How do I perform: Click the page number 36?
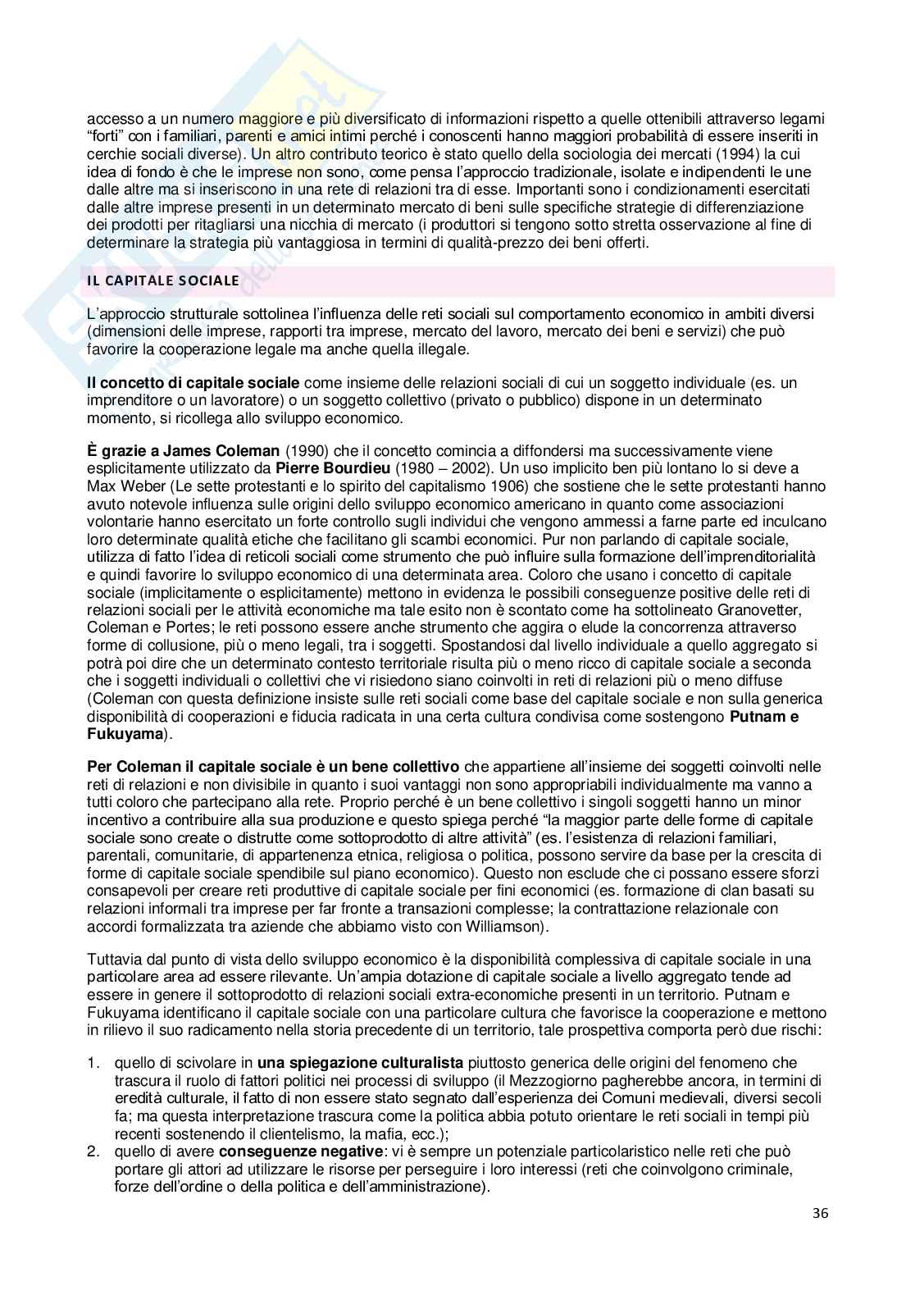[821, 1236]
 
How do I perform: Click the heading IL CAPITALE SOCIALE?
[163, 280]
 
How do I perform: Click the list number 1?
[93, 1063]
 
